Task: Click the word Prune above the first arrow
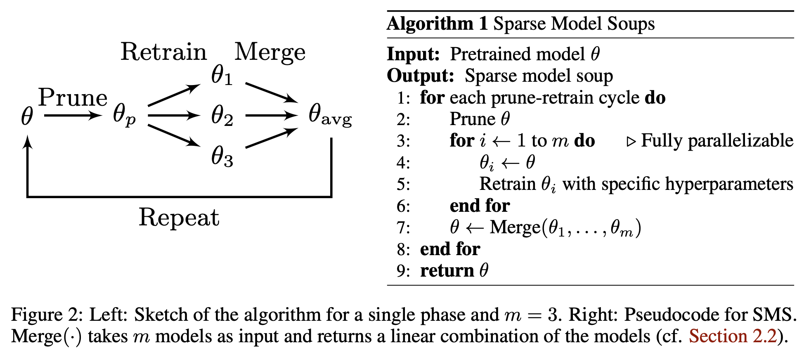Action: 73,98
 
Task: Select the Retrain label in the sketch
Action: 163,52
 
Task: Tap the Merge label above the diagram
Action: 270,52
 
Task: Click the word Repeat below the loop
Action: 179,217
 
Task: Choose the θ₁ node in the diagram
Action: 222,76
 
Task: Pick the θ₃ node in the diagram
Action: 222,157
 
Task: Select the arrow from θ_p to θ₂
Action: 173,115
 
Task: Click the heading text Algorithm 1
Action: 437,24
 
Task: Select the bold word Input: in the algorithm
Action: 413,54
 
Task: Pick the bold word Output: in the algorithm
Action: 420,76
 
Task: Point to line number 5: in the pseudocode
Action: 403,184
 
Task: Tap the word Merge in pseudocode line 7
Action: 515,227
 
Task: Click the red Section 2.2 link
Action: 733,336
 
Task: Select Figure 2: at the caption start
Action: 47,315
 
